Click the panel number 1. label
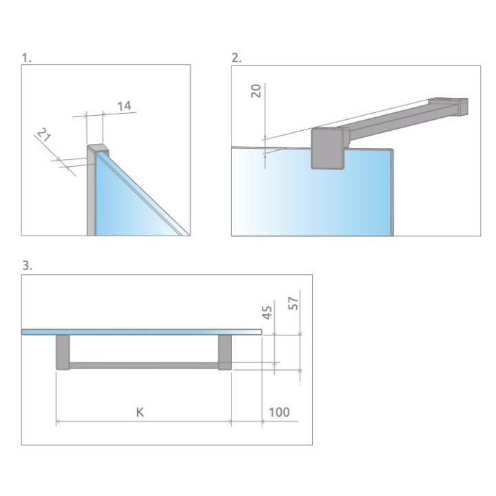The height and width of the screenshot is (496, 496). tap(27, 58)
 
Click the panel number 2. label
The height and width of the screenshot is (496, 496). tap(236, 58)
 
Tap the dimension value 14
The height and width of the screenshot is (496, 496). tap(124, 105)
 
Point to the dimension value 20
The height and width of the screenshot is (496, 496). tap(256, 91)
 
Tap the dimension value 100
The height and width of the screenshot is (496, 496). tap(278, 413)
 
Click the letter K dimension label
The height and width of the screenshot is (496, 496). tap(140, 413)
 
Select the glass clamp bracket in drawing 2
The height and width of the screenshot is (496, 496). tap(329, 147)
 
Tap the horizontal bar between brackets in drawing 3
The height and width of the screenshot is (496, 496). tap(143, 365)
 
